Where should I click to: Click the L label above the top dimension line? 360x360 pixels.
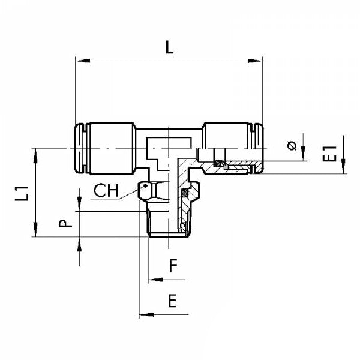click(169, 48)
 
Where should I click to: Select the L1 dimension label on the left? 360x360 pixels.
click(22, 193)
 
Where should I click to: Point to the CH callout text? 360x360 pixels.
click(106, 191)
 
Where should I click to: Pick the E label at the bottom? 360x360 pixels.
click(172, 302)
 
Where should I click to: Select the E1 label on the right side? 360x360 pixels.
click(329, 154)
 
